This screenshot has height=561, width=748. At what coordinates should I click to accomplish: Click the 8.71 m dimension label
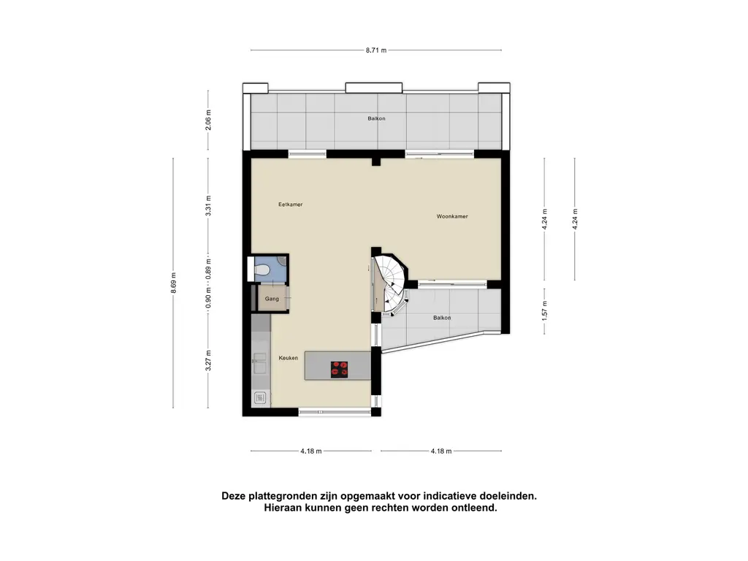(x=376, y=50)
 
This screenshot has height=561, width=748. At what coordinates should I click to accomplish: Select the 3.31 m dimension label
(x=208, y=205)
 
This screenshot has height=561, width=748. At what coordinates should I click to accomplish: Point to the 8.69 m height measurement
(x=173, y=283)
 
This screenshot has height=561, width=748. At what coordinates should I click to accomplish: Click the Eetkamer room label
(x=290, y=205)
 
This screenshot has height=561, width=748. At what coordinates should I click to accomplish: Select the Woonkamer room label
(x=452, y=216)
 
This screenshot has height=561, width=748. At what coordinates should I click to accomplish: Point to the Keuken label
(x=288, y=358)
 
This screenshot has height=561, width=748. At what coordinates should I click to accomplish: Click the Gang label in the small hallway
(x=272, y=299)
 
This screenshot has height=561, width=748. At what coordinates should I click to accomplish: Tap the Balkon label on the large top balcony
(x=376, y=118)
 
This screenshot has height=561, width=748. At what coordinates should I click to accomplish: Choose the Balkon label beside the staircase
(x=441, y=318)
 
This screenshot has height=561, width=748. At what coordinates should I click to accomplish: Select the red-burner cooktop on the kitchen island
(x=339, y=369)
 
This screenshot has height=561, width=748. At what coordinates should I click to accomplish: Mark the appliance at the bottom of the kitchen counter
(x=260, y=398)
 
